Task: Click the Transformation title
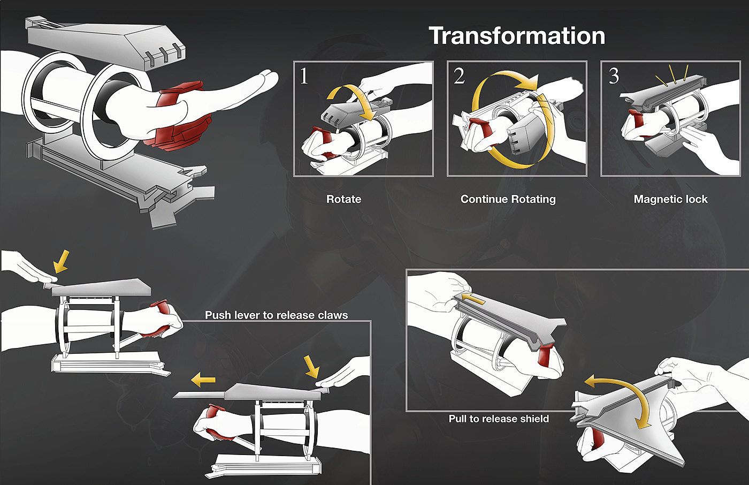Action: [517, 36]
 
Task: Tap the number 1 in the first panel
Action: [303, 76]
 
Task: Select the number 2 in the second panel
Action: [459, 76]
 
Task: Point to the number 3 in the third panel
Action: [614, 76]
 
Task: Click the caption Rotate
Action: [343, 199]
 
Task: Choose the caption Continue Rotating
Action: [508, 199]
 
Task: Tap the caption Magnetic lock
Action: [670, 199]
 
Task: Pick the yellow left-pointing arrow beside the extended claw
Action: [203, 380]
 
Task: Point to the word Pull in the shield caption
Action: [457, 419]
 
